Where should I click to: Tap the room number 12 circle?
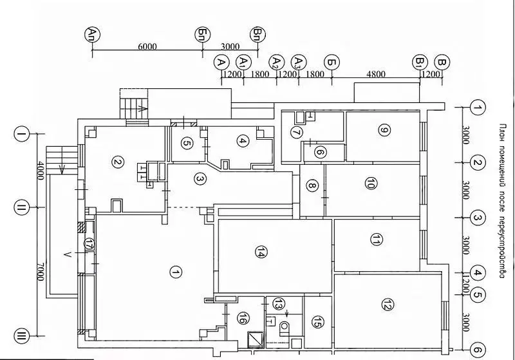coord(387,305)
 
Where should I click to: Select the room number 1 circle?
coord(174,272)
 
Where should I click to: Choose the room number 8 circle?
coord(312,187)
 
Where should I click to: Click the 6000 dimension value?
coord(147,46)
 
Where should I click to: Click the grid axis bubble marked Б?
coord(332,62)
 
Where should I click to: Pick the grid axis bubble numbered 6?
coord(477,348)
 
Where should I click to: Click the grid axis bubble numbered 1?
coord(477,107)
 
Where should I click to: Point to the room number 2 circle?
coord(117,162)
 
